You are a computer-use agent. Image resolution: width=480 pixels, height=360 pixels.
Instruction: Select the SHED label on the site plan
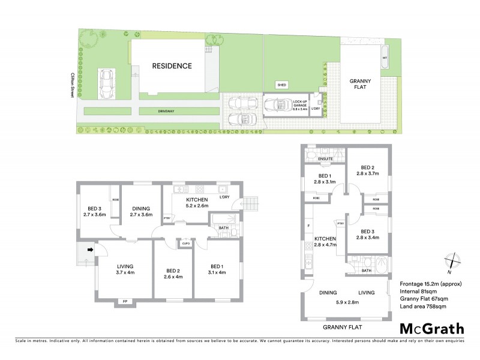click(281, 85)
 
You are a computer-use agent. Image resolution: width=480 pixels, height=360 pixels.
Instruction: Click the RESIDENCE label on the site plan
click(172, 66)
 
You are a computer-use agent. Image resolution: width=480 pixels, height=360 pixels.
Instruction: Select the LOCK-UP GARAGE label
click(301, 106)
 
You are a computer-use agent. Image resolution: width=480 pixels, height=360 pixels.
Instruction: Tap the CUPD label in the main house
click(185, 244)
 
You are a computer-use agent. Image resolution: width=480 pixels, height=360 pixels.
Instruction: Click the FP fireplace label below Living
click(125, 300)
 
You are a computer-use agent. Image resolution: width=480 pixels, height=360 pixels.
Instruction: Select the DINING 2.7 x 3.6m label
click(142, 211)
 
